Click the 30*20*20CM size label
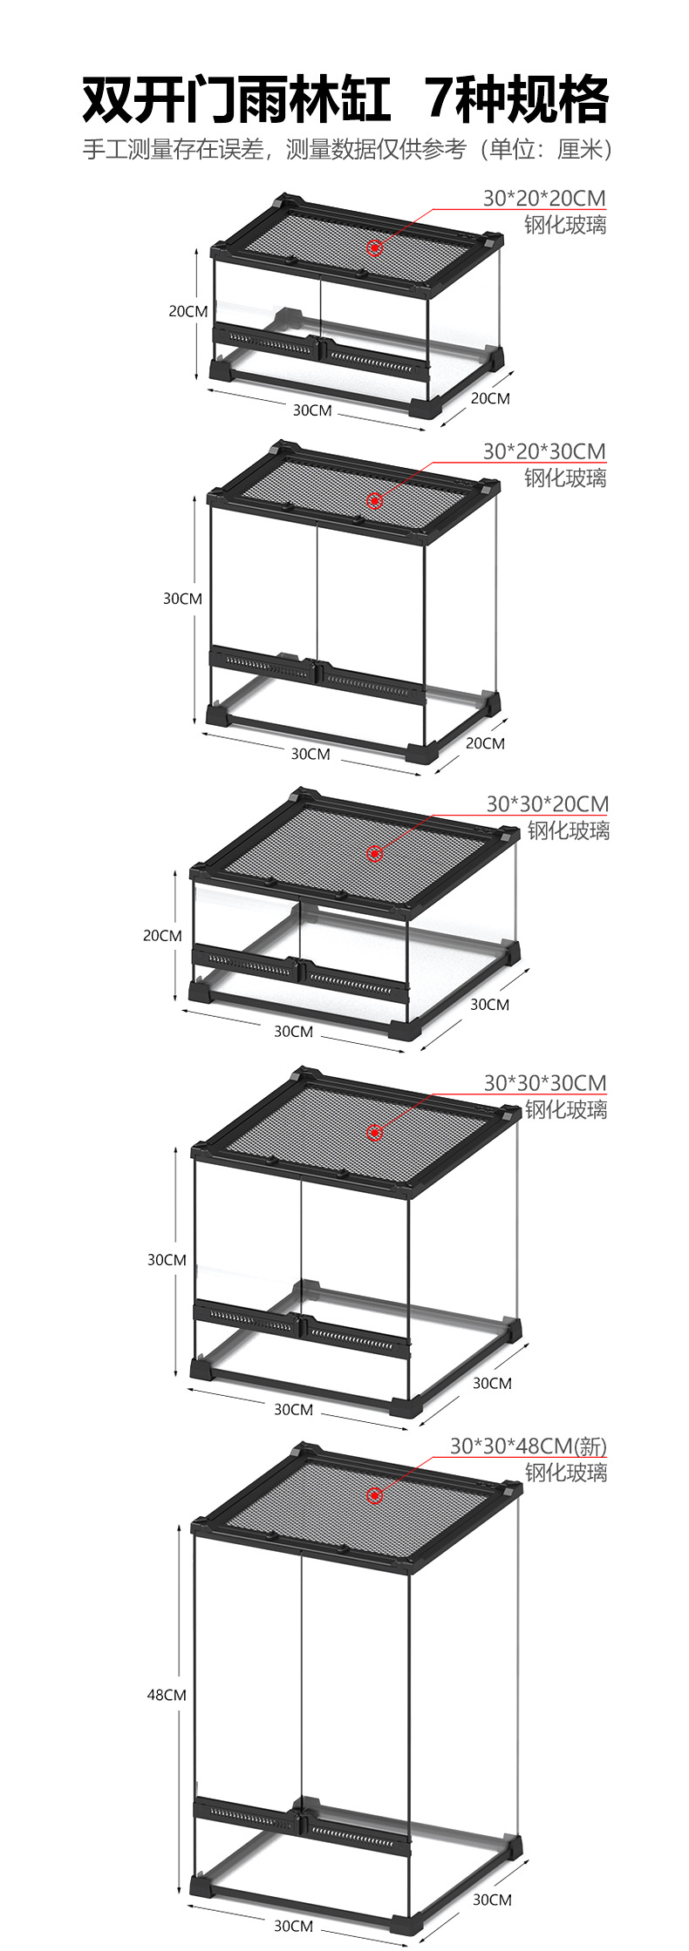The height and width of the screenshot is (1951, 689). (544, 198)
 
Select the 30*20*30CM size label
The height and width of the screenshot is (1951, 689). (544, 450)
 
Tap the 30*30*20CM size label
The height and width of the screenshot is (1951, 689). (548, 803)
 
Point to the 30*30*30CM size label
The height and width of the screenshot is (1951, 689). (545, 1082)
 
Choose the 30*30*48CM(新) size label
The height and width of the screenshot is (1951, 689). (529, 1446)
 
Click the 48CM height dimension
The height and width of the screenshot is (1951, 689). (166, 1695)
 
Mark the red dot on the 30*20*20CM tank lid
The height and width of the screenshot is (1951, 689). (375, 247)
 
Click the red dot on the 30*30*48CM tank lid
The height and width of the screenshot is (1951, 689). (375, 1495)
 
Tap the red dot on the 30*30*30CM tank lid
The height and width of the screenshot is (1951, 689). (375, 1132)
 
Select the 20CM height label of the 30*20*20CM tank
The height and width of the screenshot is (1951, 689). (188, 311)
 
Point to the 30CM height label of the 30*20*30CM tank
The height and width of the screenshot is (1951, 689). (182, 599)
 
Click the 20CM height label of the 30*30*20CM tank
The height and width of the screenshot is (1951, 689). (162, 935)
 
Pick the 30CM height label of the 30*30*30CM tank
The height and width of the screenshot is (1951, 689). (167, 1259)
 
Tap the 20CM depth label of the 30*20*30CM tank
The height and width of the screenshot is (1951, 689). (485, 743)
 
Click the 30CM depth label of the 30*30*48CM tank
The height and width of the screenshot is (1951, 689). (492, 1900)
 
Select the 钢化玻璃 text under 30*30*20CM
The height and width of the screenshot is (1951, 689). (568, 830)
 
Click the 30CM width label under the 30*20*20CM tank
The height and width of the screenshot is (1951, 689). (311, 410)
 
